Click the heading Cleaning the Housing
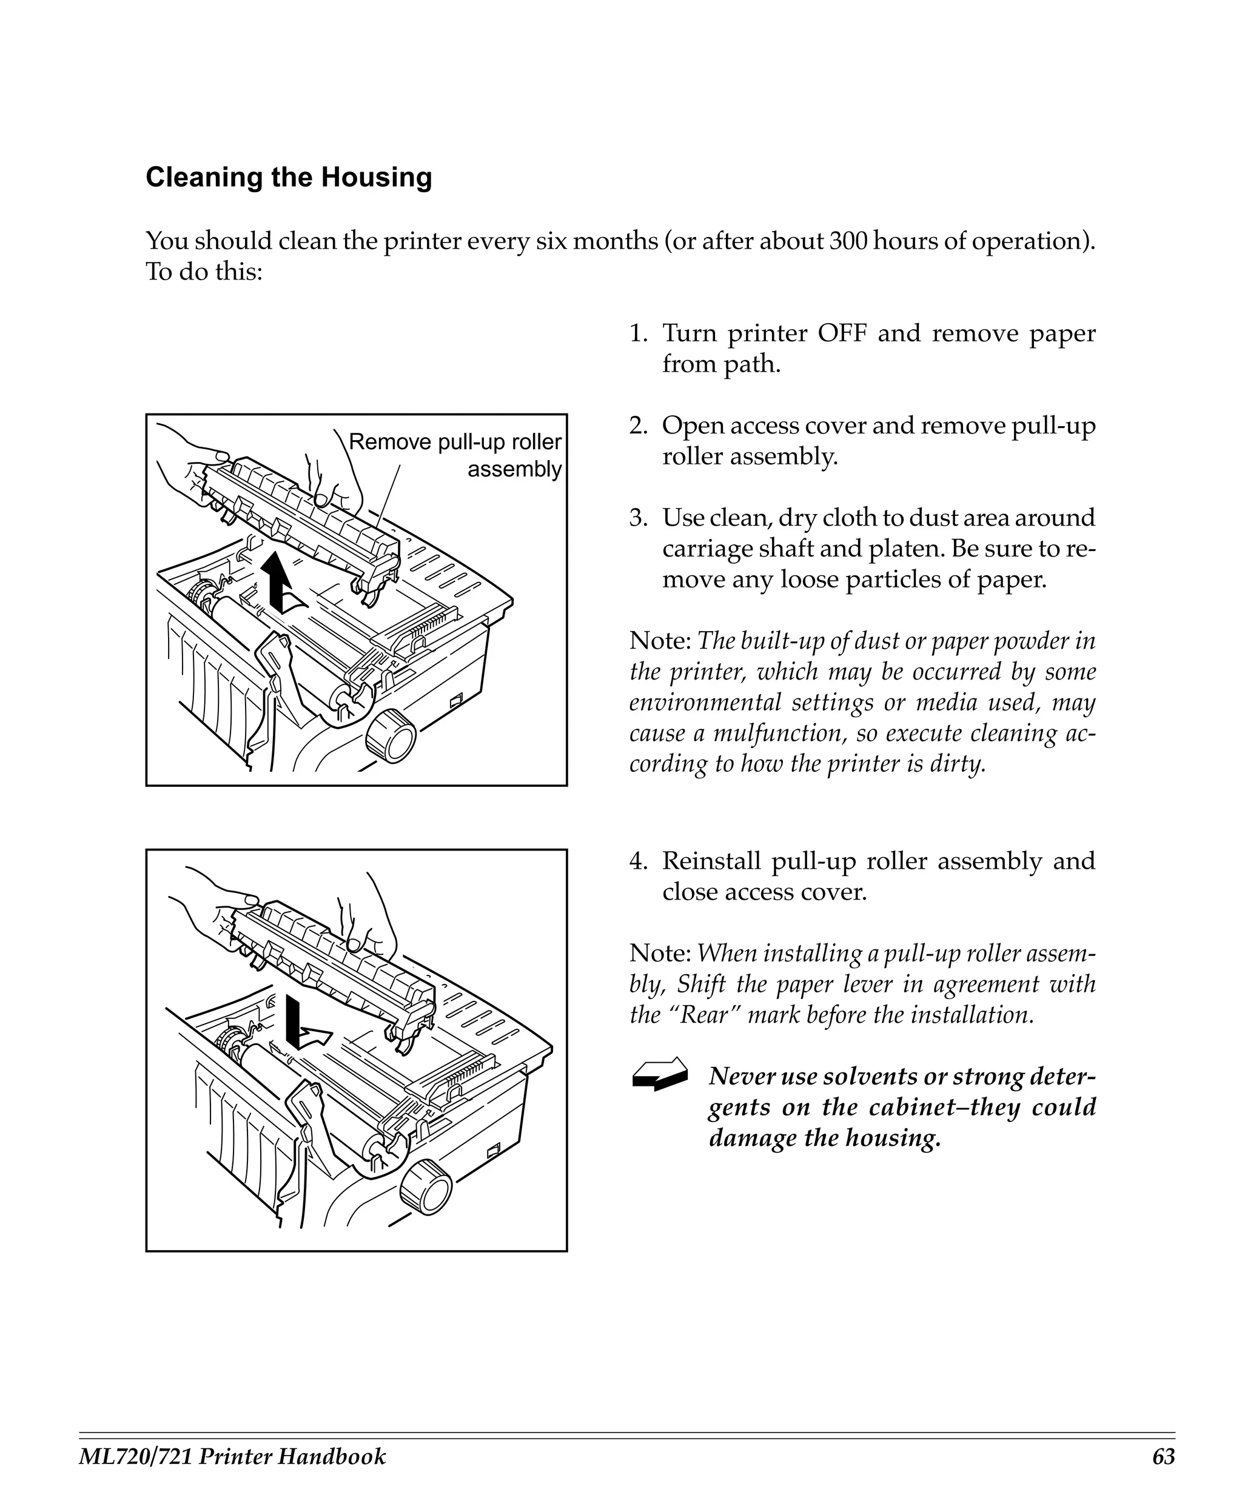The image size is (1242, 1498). (288, 178)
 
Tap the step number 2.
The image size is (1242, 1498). (636, 426)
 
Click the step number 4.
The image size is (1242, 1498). (636, 861)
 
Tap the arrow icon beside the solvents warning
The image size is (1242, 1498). (660, 1074)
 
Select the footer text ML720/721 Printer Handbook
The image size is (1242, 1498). (232, 1457)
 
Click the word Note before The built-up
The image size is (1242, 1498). (659, 641)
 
